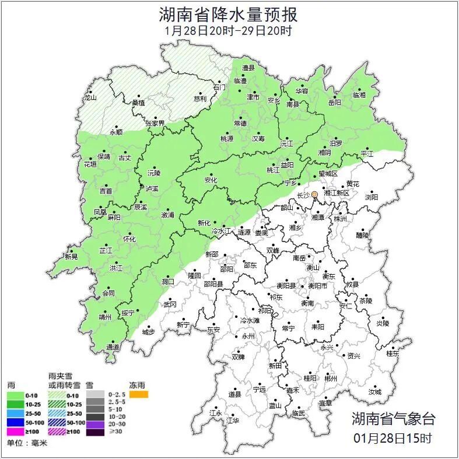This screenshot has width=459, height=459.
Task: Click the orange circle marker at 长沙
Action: (x=315, y=194)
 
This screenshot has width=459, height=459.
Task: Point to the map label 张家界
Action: (x=155, y=124)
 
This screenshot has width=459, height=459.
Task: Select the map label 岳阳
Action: (x=334, y=103)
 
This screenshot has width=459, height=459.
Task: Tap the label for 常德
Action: (x=240, y=124)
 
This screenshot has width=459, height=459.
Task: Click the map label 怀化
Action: (x=129, y=240)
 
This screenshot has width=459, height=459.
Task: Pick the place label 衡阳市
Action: (x=318, y=286)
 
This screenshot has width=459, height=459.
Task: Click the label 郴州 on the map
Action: (x=331, y=379)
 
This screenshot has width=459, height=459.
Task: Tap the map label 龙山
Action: (x=90, y=98)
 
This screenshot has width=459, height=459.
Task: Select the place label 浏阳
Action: (x=372, y=197)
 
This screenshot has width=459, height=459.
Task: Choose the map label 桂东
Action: (x=393, y=353)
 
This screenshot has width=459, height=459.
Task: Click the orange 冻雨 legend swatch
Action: (x=139, y=395)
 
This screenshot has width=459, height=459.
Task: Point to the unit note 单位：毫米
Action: (x=27, y=443)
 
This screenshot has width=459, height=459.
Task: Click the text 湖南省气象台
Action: (x=393, y=418)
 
